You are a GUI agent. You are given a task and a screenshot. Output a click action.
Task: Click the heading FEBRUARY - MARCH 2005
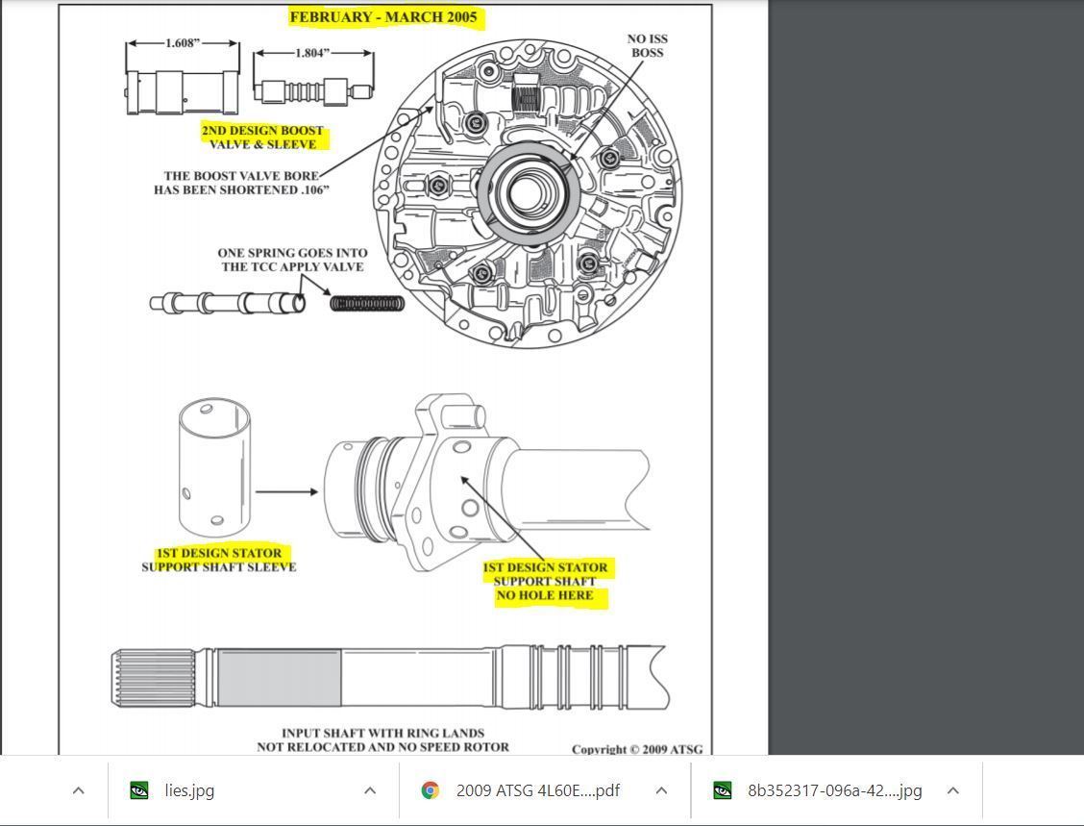[x=383, y=17]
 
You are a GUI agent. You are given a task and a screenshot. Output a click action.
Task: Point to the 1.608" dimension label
[x=183, y=43]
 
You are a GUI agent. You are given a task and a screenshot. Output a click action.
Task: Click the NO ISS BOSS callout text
[x=648, y=46]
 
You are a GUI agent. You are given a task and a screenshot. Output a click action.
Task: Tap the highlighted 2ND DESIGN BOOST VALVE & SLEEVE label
[x=262, y=138]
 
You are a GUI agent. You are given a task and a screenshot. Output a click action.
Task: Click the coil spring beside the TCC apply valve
[x=367, y=304]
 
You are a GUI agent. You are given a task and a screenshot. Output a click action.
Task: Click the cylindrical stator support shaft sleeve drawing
[x=214, y=466]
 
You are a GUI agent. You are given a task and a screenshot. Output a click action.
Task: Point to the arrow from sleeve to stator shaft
[x=286, y=492]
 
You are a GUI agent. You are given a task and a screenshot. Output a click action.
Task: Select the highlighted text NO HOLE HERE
[x=545, y=596]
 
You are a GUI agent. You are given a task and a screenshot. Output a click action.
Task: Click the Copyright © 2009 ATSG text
[x=637, y=749]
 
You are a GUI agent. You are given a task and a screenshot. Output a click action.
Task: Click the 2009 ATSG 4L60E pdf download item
[x=537, y=790]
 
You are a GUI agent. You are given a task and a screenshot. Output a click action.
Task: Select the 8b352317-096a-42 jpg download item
[x=834, y=790]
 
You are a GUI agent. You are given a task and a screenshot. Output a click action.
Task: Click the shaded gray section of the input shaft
[x=279, y=678]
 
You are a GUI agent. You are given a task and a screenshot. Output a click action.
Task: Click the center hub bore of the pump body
[x=528, y=192]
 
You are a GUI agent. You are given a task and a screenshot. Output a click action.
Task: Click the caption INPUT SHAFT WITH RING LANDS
[x=382, y=734]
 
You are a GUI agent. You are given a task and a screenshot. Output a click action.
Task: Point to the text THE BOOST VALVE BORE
[x=240, y=176]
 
